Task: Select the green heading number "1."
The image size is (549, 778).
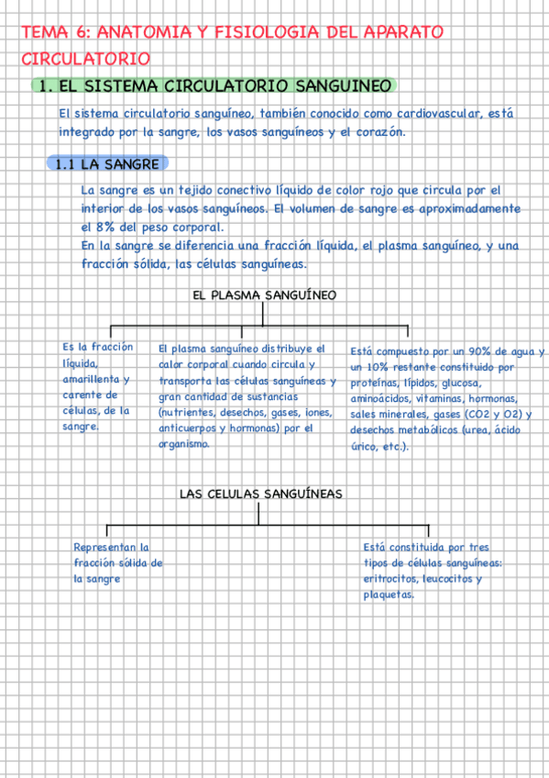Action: point(42,85)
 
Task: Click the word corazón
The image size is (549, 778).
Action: point(379,132)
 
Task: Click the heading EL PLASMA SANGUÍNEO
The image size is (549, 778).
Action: point(265,295)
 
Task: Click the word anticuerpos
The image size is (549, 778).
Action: point(187,428)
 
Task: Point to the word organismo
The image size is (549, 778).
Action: point(185,443)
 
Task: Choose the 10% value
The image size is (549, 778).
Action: point(376,367)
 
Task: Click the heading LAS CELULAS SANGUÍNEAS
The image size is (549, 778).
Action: point(260,494)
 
